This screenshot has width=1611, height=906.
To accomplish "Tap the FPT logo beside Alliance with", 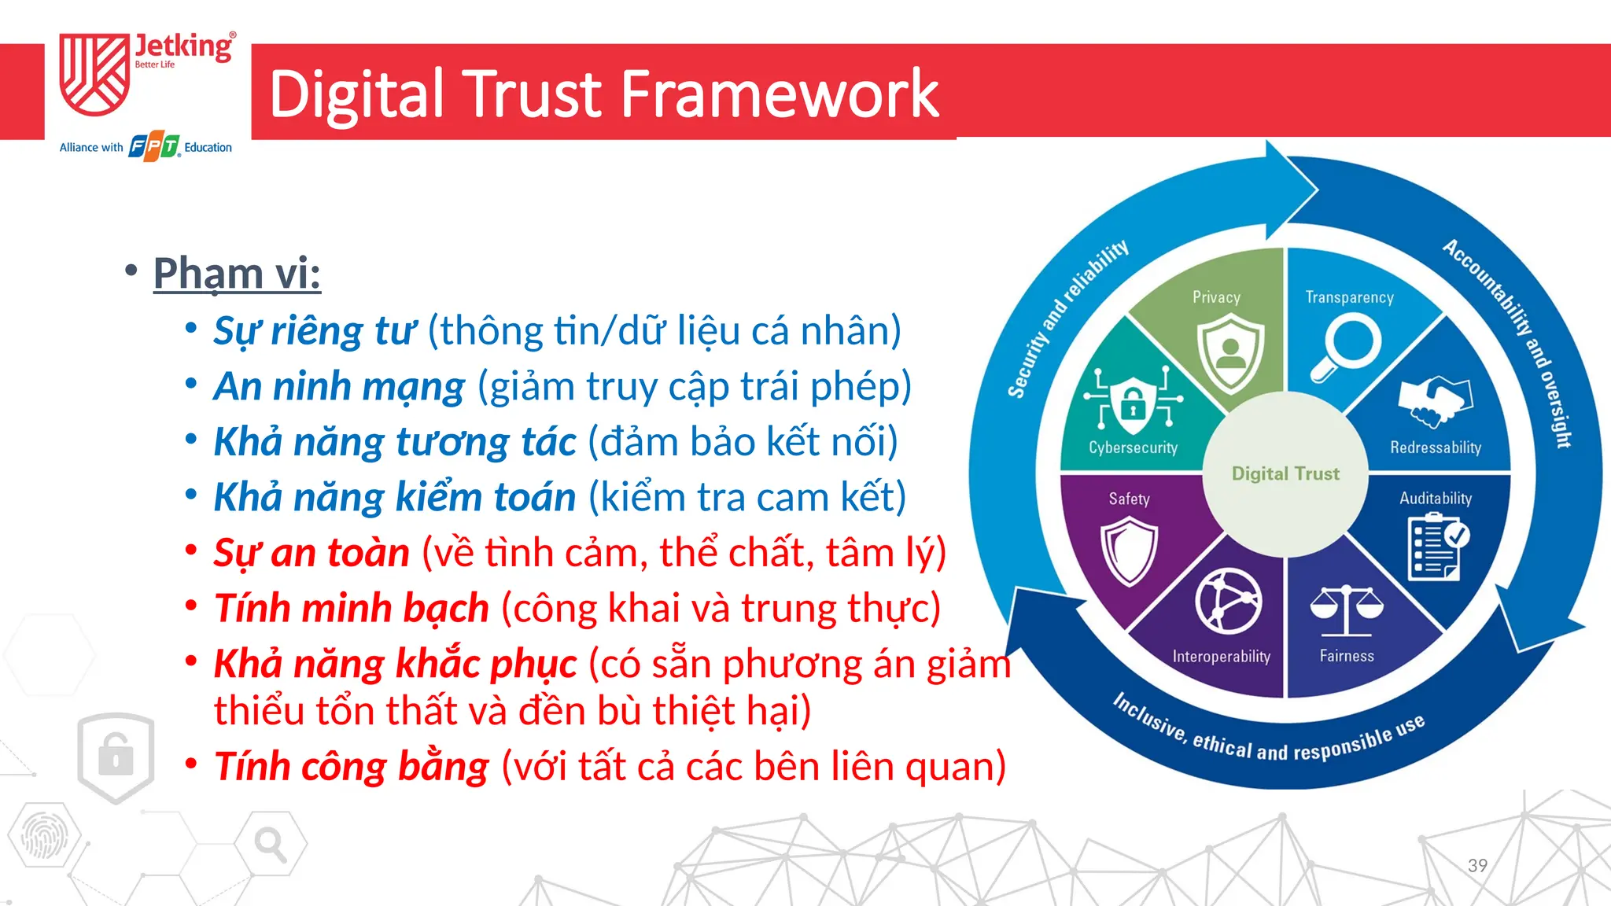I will [154, 147].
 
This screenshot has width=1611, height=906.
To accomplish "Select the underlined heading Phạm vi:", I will [237, 274].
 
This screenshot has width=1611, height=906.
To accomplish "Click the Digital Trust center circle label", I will [1285, 473].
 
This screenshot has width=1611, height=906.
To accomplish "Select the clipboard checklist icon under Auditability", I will [1436, 547].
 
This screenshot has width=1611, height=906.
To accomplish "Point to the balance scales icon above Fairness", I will [1346, 610].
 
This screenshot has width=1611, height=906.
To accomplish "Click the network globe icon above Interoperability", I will [1228, 602].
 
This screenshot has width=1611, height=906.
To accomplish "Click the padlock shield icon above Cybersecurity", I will [1133, 401].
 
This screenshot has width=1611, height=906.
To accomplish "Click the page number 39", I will [1477, 866].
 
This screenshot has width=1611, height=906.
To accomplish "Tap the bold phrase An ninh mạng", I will [339, 387].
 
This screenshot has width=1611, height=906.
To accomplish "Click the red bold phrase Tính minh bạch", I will [352, 609].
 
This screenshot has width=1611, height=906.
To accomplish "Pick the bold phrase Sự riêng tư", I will [315, 331].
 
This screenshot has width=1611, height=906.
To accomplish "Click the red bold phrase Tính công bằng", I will [352, 767].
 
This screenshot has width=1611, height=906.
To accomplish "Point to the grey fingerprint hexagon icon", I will [43, 835].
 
